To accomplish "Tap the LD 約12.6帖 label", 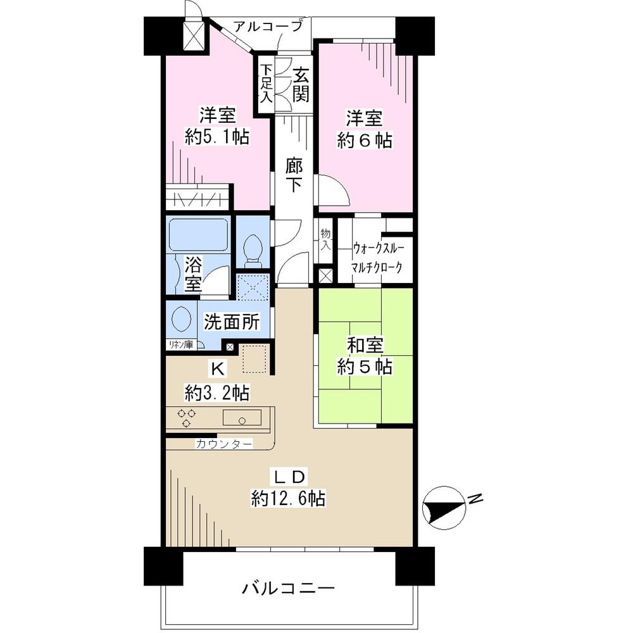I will coord(288,487).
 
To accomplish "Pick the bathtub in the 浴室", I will coord(197,235).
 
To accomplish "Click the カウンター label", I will coord(223,444).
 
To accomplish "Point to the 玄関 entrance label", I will coord(301,85).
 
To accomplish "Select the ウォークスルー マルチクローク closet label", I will coord(377,256).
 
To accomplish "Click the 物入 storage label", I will coord(325,239).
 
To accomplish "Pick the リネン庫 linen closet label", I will coord(180,344).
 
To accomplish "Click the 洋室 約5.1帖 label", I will coord(216,127).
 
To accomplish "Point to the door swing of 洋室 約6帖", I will coord(332,190).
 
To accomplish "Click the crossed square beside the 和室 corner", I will coord(325,277).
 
